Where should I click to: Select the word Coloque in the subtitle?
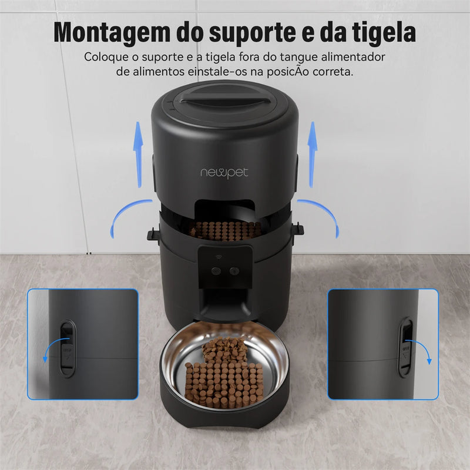click(x=105, y=58)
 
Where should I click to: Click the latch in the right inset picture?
click(x=405, y=347)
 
